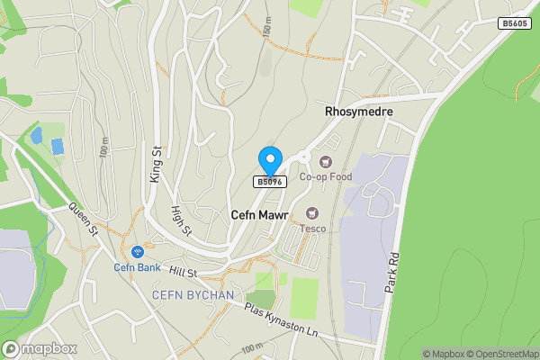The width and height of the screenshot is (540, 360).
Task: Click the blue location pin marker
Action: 269,160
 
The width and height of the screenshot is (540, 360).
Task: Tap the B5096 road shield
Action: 269,182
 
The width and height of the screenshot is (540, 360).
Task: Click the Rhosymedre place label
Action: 361,111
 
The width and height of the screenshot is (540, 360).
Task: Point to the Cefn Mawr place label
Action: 259,216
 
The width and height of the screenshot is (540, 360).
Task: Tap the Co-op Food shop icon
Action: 312,162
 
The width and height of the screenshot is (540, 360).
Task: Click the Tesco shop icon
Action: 312,212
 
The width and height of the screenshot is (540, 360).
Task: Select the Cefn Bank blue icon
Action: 138,252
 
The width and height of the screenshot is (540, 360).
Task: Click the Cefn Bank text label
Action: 138,266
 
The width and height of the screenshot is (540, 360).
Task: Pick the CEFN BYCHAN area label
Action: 193,295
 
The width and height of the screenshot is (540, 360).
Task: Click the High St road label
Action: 182,220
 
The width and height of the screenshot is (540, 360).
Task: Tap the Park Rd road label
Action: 391,271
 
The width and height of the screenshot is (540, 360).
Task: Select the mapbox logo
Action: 40,348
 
